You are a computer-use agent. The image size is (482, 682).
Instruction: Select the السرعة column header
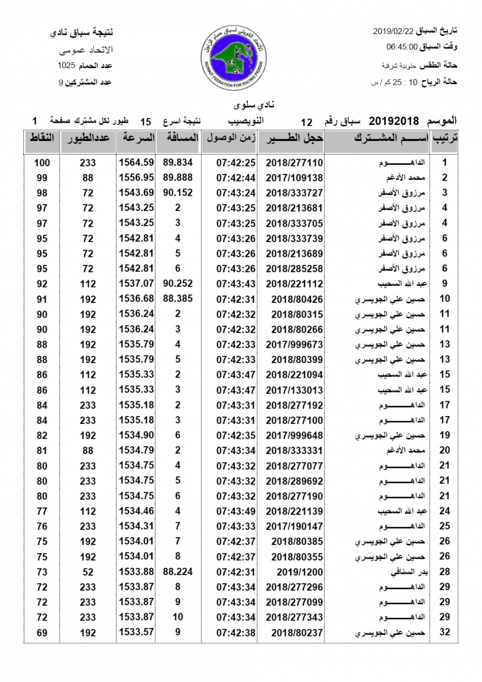(x=136, y=138)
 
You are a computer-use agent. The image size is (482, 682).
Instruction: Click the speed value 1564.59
(x=136, y=163)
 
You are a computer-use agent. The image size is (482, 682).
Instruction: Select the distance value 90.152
(x=178, y=193)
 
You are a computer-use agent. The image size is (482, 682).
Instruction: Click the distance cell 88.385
(x=178, y=299)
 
